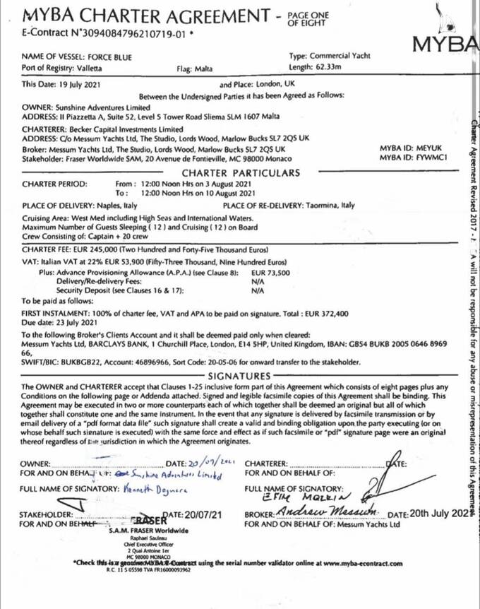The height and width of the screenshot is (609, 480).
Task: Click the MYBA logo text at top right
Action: pos(445,44)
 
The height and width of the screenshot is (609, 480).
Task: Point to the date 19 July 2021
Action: pos(77,83)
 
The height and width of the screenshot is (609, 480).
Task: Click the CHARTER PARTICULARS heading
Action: pos(241,173)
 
